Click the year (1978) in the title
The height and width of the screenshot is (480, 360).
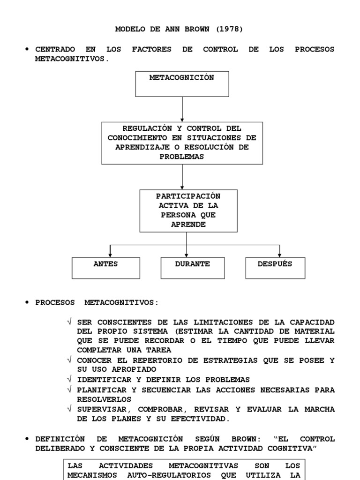tap(230, 29)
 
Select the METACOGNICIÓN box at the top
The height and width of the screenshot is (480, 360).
tap(182, 84)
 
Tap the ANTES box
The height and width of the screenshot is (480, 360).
tap(105, 268)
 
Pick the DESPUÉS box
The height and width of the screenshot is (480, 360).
tap(275, 268)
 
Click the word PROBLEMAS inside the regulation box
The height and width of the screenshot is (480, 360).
tap(182, 157)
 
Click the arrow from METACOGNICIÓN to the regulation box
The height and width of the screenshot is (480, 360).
tap(182, 109)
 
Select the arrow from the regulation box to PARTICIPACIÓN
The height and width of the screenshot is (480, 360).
tap(182, 177)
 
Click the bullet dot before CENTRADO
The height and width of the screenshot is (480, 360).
tap(27, 49)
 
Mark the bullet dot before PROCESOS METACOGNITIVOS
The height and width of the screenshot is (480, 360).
tap(27, 302)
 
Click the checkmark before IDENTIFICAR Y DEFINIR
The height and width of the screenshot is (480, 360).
tap(69, 379)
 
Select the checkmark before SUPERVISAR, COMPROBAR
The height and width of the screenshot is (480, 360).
tap(69, 409)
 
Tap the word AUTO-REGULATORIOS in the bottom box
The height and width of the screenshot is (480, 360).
tap(169, 475)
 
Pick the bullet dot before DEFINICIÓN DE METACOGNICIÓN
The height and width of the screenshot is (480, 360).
tap(27, 439)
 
